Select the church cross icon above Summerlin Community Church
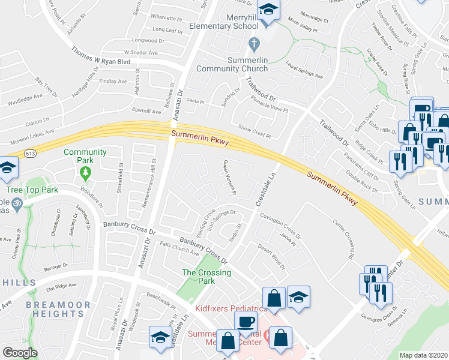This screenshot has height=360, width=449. tap(254, 43)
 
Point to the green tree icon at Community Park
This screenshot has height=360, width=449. tap(85, 173)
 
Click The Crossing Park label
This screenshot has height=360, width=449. tap(198, 277)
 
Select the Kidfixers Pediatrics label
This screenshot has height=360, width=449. tap(231, 308)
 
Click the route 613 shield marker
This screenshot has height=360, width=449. tap(31, 154)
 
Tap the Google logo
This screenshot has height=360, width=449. tap(20, 353)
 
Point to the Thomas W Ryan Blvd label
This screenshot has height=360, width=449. tap(101, 58)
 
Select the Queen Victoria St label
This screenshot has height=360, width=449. tap(230, 176)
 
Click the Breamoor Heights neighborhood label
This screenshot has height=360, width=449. tap(58, 310)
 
